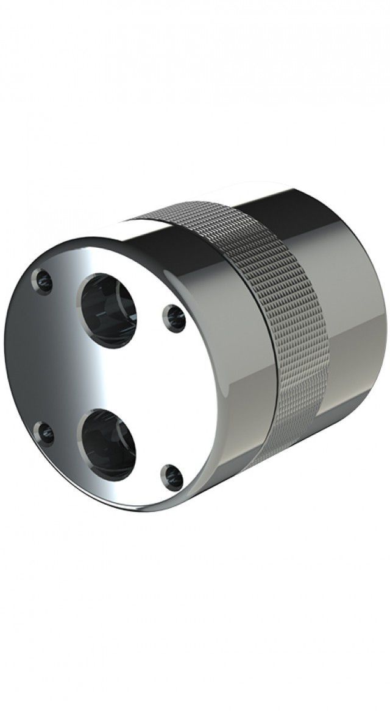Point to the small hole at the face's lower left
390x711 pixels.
coord(44,433)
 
